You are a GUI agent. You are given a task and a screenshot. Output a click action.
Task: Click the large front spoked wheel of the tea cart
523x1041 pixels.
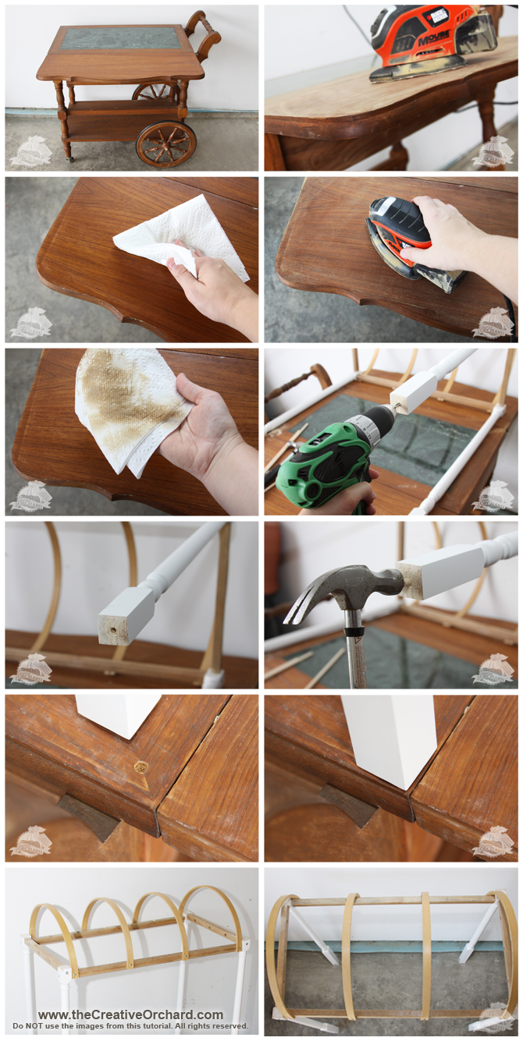coord(165,143)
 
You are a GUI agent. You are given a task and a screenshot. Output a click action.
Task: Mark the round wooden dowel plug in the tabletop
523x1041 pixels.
coord(141,767)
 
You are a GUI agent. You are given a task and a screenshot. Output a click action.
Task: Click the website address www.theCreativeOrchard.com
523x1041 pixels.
coord(130,1014)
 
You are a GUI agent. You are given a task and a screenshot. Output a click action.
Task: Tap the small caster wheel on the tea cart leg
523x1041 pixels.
coord(69,158)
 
